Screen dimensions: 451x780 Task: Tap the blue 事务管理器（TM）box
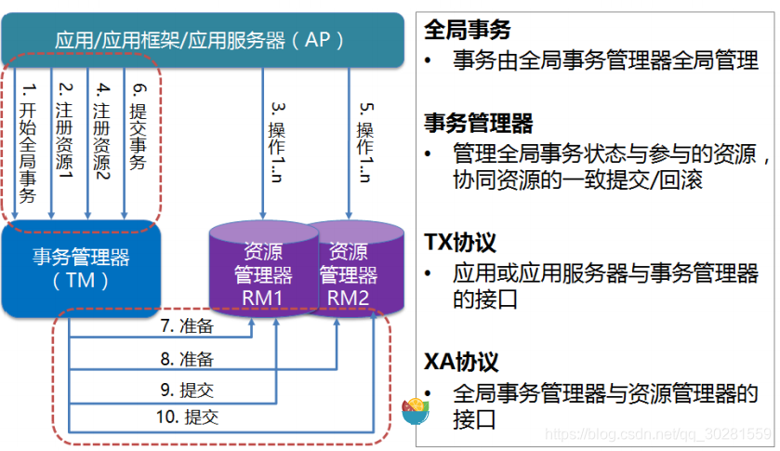pos(81,268)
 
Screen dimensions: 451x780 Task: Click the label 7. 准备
pos(186,326)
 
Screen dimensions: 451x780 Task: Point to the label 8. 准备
pos(186,358)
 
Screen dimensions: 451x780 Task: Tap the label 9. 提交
pos(186,389)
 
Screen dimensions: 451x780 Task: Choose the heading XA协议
pos(462,362)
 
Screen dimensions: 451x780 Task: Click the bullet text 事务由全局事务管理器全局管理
pos(605,61)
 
